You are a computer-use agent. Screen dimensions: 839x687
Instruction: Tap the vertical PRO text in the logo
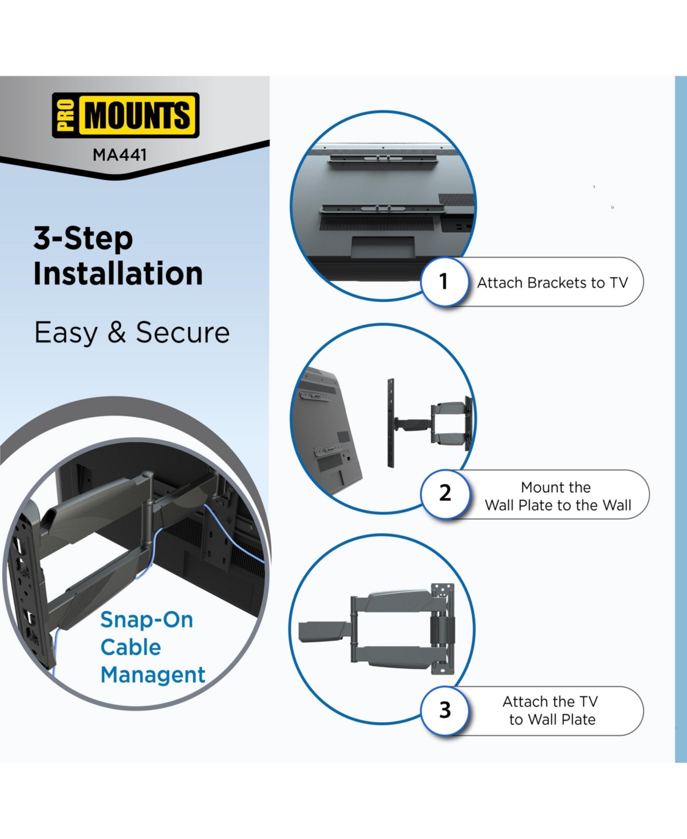coord(66,115)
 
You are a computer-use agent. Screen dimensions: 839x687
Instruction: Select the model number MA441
coord(120,155)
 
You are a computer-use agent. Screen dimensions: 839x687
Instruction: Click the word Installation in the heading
coord(118,274)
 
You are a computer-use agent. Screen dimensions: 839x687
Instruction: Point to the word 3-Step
coord(83,238)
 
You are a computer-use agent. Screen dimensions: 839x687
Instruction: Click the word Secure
coord(183,333)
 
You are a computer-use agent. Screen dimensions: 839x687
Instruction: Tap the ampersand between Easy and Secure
coord(117,333)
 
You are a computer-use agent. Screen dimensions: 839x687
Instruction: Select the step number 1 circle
coord(444,282)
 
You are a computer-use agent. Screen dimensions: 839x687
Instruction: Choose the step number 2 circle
coord(445,493)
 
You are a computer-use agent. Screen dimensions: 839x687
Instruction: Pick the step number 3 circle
coord(445,710)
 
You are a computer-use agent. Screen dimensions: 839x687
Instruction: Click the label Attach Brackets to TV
coord(552,283)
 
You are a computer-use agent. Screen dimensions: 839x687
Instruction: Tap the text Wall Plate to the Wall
coord(558,505)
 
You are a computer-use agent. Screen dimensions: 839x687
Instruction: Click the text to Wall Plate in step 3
coord(552,719)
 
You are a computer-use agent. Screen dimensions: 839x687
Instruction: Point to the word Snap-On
coord(147,620)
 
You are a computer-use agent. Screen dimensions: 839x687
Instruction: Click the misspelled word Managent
coord(153,675)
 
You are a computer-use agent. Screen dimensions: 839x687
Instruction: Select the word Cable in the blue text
coord(131,647)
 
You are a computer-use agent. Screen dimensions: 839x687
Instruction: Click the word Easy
coord(65,333)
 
